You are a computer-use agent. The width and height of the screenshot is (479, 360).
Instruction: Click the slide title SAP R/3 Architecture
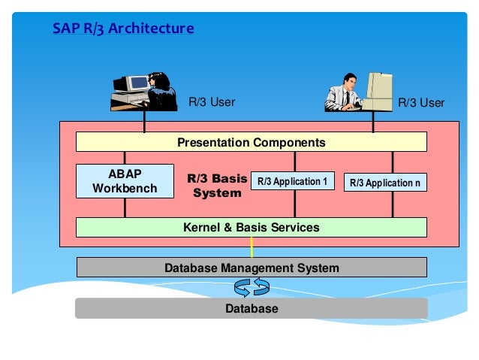pos(123,29)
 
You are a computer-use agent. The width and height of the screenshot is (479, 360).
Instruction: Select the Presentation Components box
pos(251,142)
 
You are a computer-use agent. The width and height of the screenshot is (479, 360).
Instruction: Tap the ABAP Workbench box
pos(125,181)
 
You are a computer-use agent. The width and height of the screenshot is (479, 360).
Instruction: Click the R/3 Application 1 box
pos(293,181)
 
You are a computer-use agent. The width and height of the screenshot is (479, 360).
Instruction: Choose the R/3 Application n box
pos(385,183)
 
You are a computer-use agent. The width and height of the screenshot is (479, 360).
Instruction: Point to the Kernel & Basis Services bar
pos(251,227)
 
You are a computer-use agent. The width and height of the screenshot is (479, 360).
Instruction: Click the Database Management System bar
pos(252,268)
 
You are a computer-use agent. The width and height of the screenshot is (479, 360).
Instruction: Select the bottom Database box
pos(252,308)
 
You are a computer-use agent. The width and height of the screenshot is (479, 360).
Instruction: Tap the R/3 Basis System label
pos(217,186)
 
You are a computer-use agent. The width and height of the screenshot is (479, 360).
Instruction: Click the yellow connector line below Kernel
pos(252,247)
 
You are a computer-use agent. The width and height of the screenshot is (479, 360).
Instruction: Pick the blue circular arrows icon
pos(252,287)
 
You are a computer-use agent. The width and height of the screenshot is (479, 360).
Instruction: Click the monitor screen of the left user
pos(140,83)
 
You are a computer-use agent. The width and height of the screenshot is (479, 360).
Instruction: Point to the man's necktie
pos(348,98)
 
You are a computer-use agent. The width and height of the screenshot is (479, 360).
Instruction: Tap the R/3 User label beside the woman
pos(212,102)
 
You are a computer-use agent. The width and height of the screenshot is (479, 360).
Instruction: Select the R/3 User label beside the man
pos(421,103)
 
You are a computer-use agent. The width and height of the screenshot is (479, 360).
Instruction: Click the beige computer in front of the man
pos(378,92)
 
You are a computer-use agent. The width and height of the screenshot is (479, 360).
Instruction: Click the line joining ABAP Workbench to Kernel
pos(125,208)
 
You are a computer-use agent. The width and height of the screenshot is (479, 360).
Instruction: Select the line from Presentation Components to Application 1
pos(295,162)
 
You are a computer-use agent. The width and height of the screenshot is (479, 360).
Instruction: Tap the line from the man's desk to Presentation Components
pos(373,122)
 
